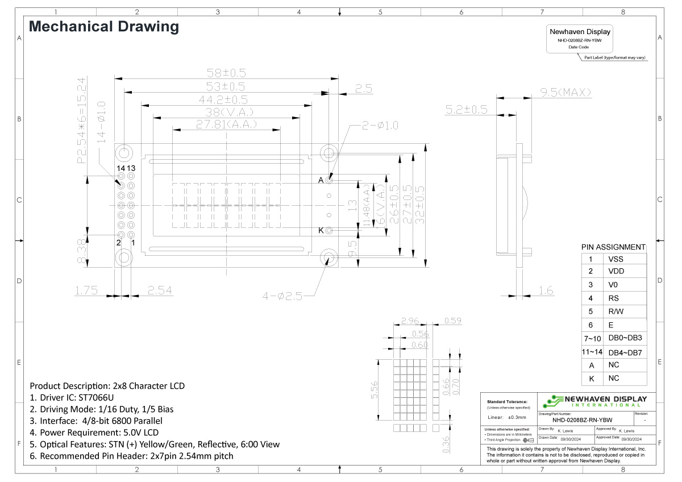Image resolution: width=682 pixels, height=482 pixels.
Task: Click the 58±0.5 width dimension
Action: (226, 73)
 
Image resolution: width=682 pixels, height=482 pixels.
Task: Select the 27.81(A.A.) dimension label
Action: (227, 124)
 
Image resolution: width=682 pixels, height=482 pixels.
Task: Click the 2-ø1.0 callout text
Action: (380, 125)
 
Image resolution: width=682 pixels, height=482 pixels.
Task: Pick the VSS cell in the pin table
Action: (616, 258)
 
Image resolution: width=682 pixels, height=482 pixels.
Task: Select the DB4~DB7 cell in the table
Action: (625, 352)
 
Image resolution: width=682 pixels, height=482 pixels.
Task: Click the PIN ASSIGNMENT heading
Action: (613, 247)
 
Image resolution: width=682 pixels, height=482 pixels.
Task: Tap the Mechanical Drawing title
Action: (103, 26)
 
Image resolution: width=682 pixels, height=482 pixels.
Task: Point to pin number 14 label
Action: (120, 168)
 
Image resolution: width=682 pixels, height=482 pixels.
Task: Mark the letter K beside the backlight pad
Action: (321, 230)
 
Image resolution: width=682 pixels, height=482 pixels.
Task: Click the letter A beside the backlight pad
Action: (321, 180)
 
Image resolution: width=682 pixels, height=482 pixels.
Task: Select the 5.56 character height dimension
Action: (375, 390)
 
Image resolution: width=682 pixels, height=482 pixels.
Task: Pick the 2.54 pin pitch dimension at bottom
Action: (160, 291)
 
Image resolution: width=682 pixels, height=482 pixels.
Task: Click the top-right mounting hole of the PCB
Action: (328, 152)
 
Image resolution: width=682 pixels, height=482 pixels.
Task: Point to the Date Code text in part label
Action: (579, 47)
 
